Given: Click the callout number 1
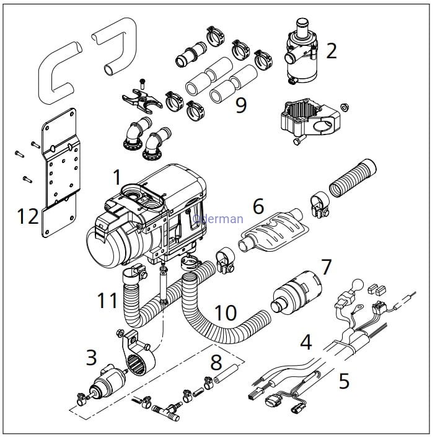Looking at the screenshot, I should click(x=116, y=178).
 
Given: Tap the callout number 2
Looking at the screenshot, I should click(x=332, y=51).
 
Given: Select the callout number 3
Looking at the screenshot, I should click(x=91, y=357).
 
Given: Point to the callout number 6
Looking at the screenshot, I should click(x=258, y=206).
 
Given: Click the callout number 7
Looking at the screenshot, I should click(x=326, y=268).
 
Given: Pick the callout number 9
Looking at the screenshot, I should click(x=240, y=105).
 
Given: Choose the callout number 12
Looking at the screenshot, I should click(x=27, y=216).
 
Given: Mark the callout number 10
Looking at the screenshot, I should click(x=226, y=313).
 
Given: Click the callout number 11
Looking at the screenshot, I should click(x=107, y=301).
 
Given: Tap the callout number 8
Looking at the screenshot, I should click(x=216, y=360).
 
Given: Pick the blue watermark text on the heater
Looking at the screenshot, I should click(x=218, y=218).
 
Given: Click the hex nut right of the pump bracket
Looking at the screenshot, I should click(x=345, y=106).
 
